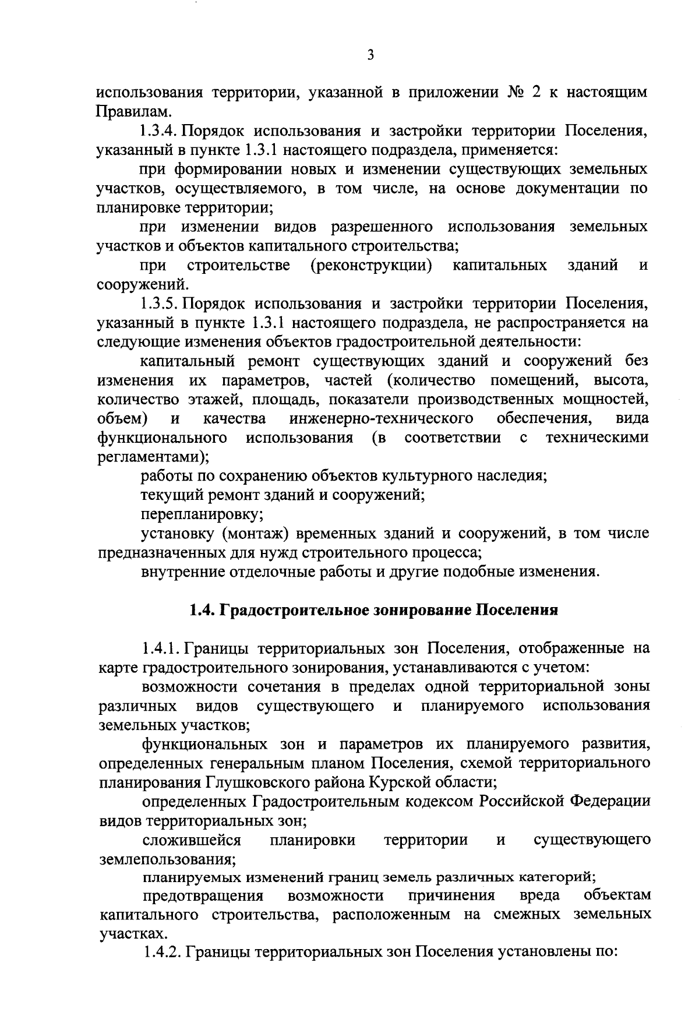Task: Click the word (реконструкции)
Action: click(x=372, y=266)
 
